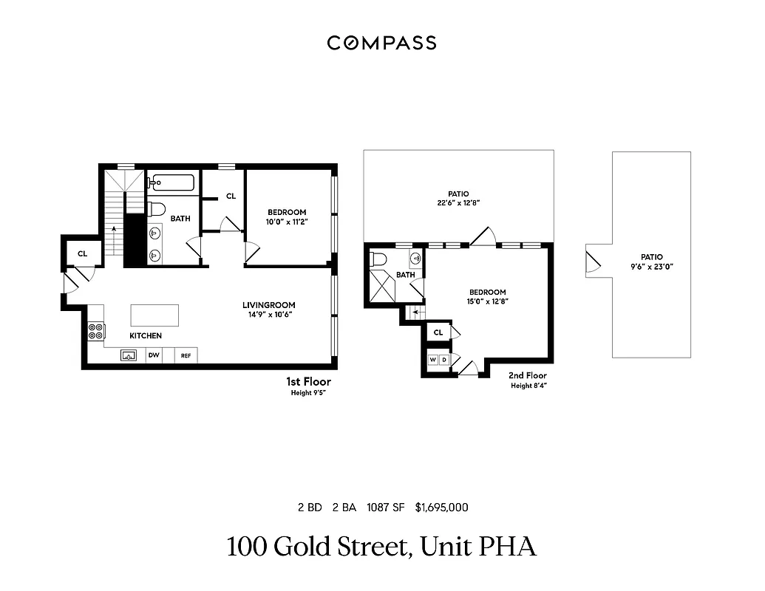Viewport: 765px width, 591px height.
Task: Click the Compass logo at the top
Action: click(x=381, y=43)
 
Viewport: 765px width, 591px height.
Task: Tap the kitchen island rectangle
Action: click(x=154, y=315)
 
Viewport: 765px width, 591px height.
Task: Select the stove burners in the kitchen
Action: click(x=96, y=331)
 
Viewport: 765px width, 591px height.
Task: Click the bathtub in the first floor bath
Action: click(x=172, y=182)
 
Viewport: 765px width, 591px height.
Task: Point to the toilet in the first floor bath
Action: click(x=156, y=209)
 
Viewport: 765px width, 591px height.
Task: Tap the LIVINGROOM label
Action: click(x=269, y=305)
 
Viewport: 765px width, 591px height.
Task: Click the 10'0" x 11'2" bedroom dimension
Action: click(x=286, y=222)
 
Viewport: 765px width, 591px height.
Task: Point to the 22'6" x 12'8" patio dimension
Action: click(x=458, y=203)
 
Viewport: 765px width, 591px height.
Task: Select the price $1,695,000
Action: click(x=441, y=508)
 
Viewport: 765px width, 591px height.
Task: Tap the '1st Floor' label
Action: click(x=308, y=382)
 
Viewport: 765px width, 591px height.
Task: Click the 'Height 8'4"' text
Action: click(x=528, y=386)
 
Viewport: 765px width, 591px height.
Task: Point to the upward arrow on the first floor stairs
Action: click(x=114, y=230)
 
